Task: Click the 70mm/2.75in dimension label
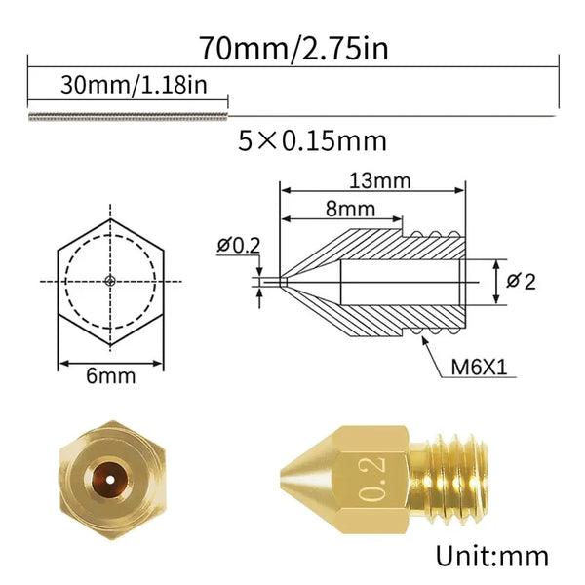click(292, 47)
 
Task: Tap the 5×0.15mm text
click(312, 141)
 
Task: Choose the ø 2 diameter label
click(523, 281)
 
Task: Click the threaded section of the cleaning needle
click(127, 116)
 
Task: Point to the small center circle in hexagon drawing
click(110, 281)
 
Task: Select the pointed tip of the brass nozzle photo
click(286, 479)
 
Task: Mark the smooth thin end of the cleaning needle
click(390, 115)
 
